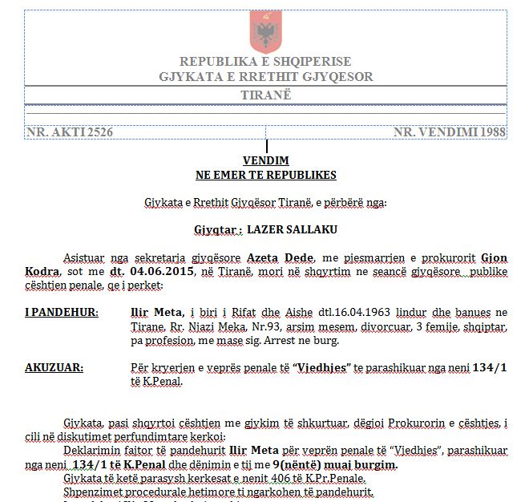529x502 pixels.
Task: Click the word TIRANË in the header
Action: (265, 95)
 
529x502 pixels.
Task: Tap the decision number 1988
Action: (491, 131)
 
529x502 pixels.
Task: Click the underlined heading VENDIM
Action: (265, 161)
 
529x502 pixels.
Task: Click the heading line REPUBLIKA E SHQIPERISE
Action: (265, 62)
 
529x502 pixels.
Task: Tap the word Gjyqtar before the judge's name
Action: (215, 229)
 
